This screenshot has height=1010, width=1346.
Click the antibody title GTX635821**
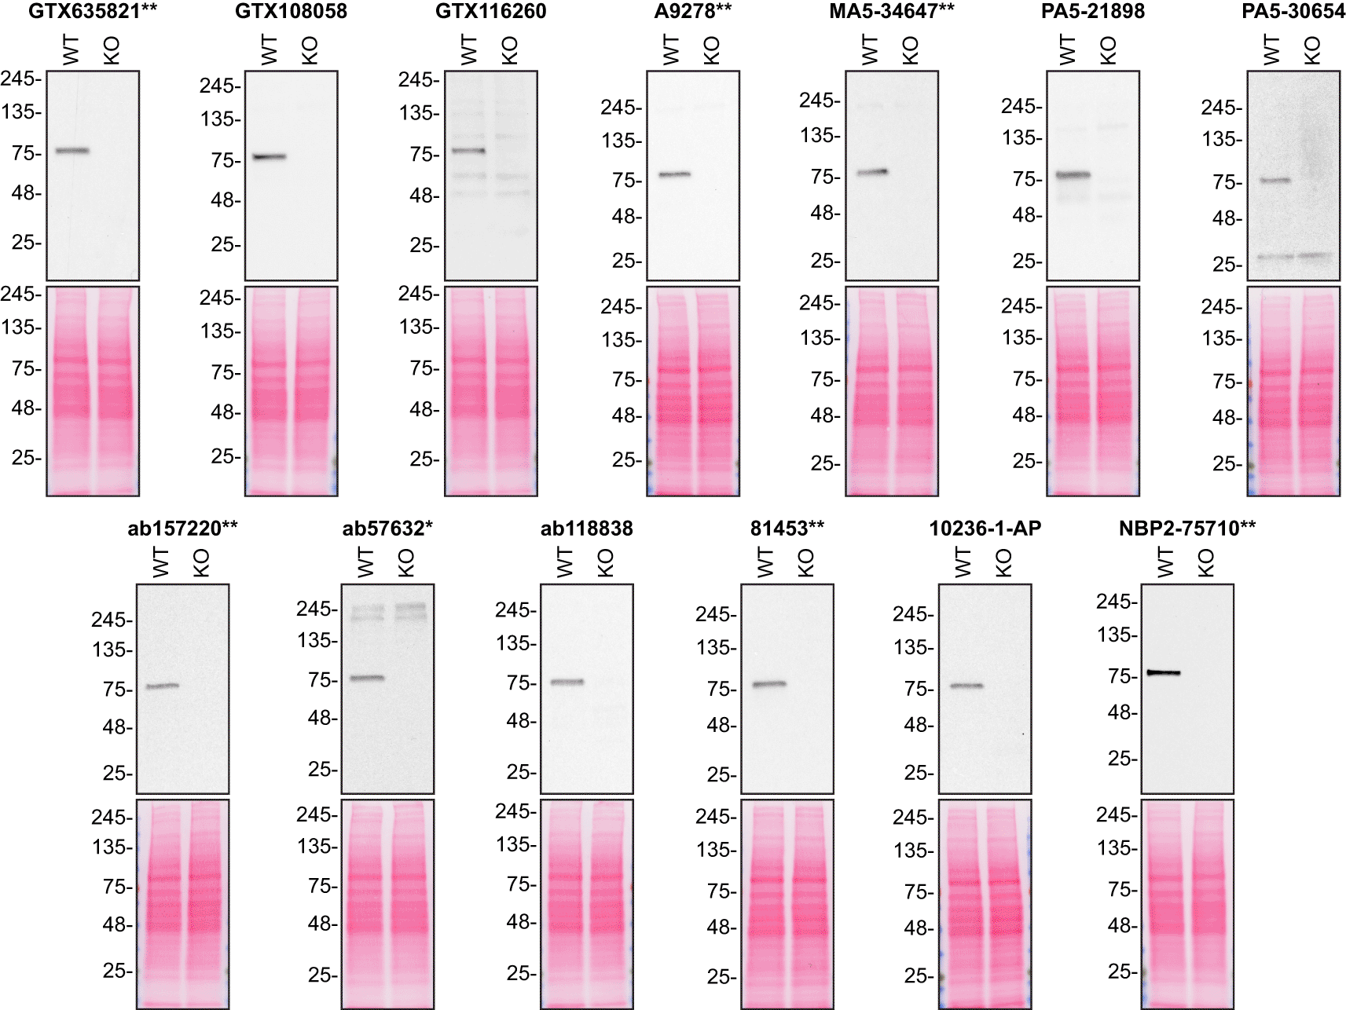93,11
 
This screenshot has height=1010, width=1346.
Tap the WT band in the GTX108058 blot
269,157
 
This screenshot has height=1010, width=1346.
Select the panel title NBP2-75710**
1186,529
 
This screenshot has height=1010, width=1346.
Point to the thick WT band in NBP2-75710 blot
1164,672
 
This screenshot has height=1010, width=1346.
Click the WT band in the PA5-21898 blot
1073,175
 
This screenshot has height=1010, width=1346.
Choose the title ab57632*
387,529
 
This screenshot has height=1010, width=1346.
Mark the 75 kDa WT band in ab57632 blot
367,678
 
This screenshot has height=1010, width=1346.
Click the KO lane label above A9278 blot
712,51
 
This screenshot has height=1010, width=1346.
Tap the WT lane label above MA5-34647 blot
870,51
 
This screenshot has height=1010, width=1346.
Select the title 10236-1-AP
985,529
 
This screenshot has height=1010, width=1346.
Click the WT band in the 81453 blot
769,684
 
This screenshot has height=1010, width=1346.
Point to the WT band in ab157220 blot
163,686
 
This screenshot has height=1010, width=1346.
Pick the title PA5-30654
1293,11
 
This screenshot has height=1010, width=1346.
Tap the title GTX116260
490,11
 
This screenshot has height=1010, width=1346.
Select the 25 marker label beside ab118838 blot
520,772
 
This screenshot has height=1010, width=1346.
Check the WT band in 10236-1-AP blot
966,686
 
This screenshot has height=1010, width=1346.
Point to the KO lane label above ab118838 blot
606,563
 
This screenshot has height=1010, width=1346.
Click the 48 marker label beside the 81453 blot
720,726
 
